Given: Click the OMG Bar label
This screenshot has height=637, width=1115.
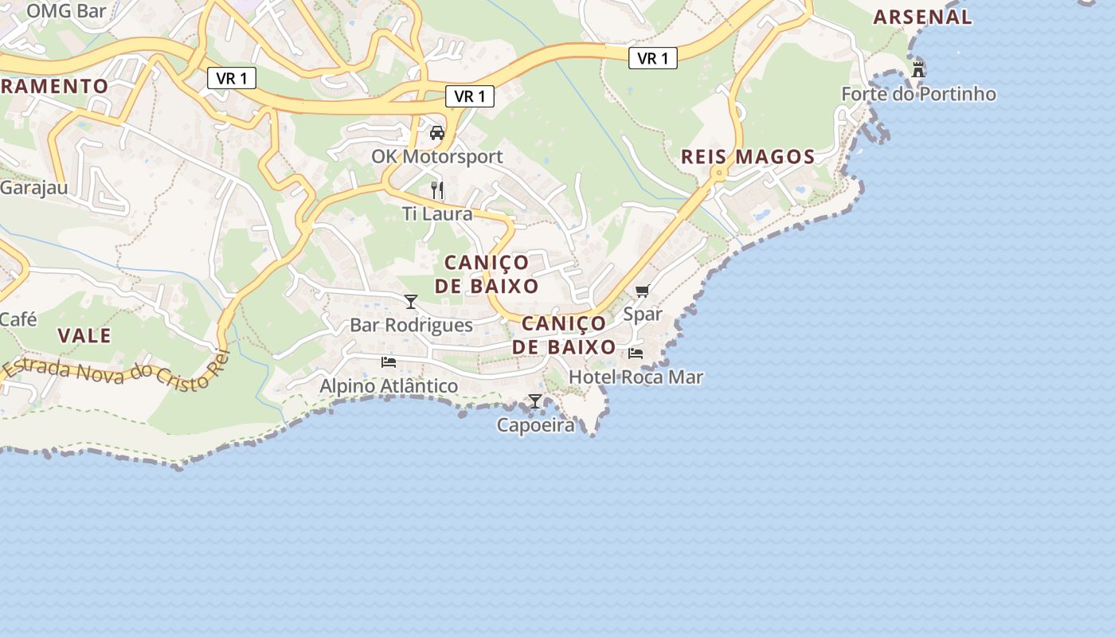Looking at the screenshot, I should point(66,11).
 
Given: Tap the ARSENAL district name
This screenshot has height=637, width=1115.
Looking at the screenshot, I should point(922,17).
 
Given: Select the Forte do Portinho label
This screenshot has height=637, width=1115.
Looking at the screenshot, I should point(918,94).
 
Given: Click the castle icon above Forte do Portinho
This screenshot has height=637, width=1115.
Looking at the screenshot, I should point(918,69).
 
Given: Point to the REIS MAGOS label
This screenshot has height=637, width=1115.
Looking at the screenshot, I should point(748,157).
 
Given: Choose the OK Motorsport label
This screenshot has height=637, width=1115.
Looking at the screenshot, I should point(437,156).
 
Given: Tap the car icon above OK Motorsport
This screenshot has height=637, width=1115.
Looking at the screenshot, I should point(437,133).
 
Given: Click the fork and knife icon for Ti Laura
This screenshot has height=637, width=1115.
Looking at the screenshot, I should point(437,190).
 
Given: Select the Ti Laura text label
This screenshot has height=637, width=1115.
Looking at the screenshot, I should point(437,214).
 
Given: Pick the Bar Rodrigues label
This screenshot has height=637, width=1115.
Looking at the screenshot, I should point(411,325).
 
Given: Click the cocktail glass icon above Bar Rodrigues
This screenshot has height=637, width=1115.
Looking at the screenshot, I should point(411,302).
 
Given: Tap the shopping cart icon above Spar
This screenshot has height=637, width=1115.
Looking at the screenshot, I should point(643,291).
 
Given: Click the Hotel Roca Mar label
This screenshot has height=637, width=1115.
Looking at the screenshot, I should point(636,377).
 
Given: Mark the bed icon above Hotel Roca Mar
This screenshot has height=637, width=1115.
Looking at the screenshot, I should point(636,353).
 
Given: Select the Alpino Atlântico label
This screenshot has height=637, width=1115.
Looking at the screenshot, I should point(389,386).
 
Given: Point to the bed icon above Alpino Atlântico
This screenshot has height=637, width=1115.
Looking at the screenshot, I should point(389,362).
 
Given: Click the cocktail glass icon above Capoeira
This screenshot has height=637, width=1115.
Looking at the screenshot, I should point(535,401).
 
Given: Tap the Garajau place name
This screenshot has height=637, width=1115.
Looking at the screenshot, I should point(33,188).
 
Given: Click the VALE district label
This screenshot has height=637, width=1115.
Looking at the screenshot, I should point(84,335).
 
